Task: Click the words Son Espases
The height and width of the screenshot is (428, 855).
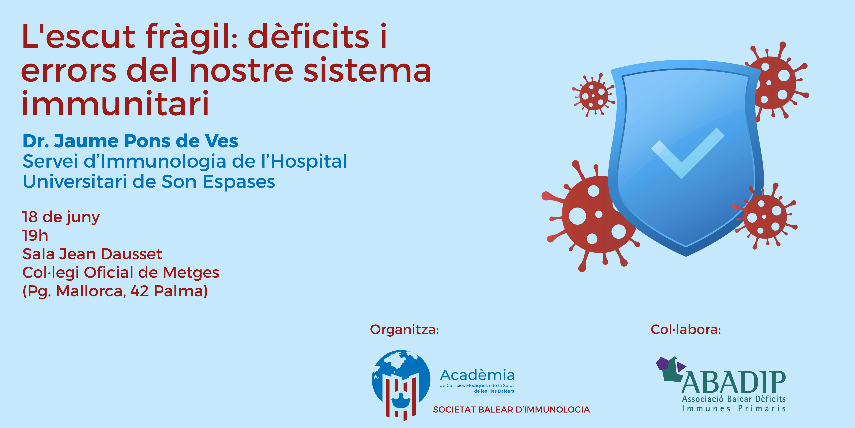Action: coord(218,182)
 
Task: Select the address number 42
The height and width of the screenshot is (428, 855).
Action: coord(139,291)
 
